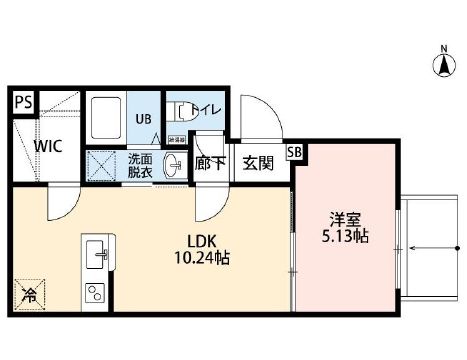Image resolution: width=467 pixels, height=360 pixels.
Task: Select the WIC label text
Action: pos(47,146)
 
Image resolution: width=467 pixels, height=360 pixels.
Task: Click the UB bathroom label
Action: pos(142,117)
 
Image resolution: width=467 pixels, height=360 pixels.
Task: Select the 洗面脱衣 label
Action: pos(141,165)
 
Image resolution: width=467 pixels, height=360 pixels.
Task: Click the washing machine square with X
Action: pos(102,165)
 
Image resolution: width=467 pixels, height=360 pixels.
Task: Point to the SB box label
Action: pos(294,153)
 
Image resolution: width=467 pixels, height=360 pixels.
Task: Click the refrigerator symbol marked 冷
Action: pos(27,296)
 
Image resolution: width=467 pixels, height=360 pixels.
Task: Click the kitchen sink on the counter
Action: pos(98,255)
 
